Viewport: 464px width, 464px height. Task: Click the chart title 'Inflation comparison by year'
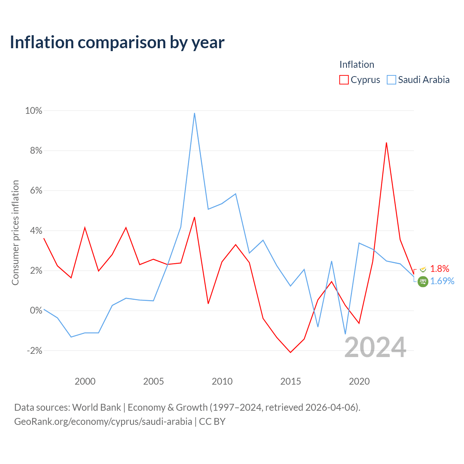117,43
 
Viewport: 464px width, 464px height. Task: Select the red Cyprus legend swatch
344,80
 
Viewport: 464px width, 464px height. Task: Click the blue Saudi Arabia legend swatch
391,80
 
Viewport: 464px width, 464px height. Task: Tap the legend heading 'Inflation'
357,65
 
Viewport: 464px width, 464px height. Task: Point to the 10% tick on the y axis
33,111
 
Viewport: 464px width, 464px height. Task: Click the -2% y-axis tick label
34,351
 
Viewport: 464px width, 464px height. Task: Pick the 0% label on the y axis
36,311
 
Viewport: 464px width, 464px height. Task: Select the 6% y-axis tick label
36,191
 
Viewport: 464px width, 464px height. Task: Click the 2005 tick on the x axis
153,381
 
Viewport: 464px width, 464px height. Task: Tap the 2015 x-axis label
290,381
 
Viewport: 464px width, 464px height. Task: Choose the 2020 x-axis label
359,381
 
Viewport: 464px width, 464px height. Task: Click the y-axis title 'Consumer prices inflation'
15,233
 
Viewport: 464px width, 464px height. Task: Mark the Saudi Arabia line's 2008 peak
194,113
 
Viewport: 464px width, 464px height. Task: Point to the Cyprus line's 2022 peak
386,143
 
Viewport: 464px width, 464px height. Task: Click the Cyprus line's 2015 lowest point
290,352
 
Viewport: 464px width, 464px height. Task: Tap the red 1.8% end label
439,269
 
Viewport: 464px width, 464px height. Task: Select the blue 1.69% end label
442,281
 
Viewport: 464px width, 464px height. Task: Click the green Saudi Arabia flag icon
423,282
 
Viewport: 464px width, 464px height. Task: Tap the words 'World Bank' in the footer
96,407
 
